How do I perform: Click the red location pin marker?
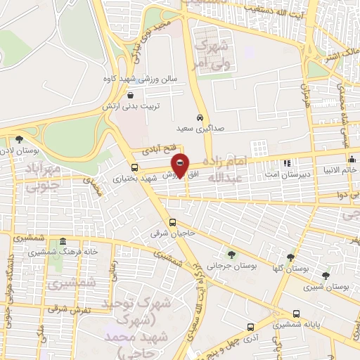click(181, 166)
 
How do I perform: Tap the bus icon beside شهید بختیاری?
click(134, 167)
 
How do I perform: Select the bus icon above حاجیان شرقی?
click(173, 224)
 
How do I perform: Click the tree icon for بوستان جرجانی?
click(232, 255)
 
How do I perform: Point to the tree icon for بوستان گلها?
click(290, 257)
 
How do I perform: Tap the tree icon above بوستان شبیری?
click(325, 276)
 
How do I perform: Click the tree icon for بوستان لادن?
click(18, 139)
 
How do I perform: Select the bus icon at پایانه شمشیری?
click(297, 314)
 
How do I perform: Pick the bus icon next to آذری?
click(251, 328)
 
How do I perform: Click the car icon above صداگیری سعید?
click(200, 118)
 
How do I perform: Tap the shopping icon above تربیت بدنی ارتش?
click(131, 95)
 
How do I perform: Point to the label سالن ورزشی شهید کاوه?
click(151, 79)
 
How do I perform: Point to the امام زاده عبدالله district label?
click(241, 169)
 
